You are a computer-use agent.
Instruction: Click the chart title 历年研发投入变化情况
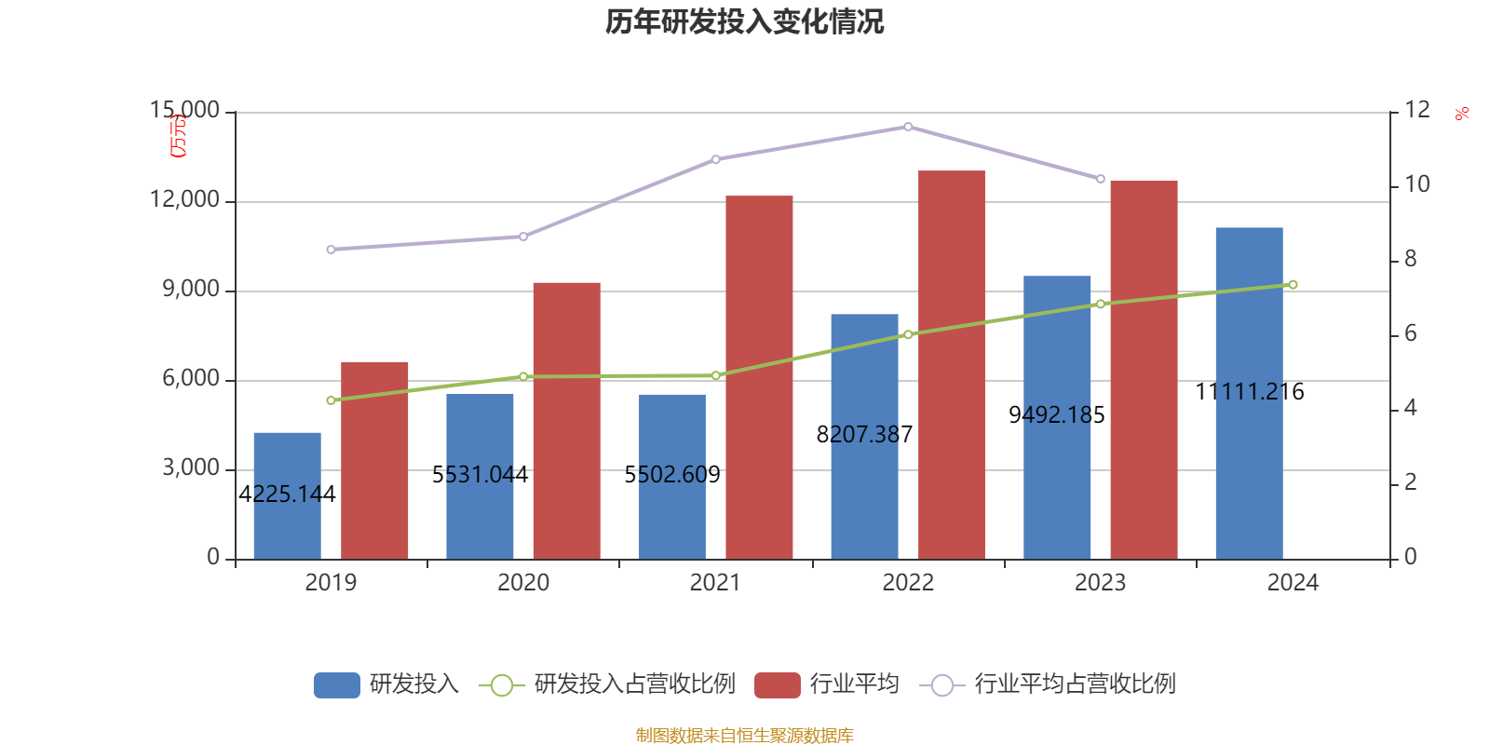point(744,21)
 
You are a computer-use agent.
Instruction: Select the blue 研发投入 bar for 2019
point(287,495)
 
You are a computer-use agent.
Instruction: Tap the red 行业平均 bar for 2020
point(566,420)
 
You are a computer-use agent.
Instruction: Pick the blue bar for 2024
point(1249,392)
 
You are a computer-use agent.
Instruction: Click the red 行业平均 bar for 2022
point(951,364)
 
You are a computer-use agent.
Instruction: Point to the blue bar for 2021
point(671,476)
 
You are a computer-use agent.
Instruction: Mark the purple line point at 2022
point(908,127)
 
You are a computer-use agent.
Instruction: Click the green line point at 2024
point(1293,285)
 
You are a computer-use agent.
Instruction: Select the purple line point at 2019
point(331,250)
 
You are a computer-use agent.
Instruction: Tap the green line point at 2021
point(716,375)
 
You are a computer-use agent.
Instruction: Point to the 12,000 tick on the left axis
point(185,200)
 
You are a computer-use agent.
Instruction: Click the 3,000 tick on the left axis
point(192,467)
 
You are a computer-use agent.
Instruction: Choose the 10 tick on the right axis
point(1416,184)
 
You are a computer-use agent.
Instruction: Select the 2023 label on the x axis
point(1100,583)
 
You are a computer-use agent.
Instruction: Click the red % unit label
point(1462,114)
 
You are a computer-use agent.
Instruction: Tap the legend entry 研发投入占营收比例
point(633,684)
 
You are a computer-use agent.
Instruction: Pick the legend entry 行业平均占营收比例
point(1074,684)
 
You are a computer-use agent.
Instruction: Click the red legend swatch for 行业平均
point(778,684)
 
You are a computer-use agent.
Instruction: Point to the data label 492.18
point(1057,415)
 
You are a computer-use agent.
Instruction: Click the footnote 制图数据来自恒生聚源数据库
point(744,736)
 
